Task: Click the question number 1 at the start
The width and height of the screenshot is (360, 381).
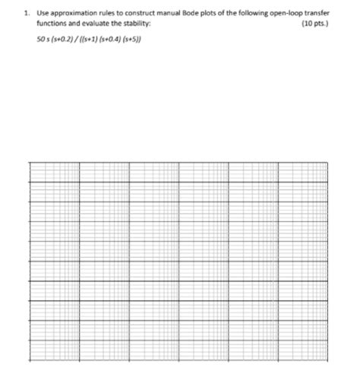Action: point(27,13)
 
